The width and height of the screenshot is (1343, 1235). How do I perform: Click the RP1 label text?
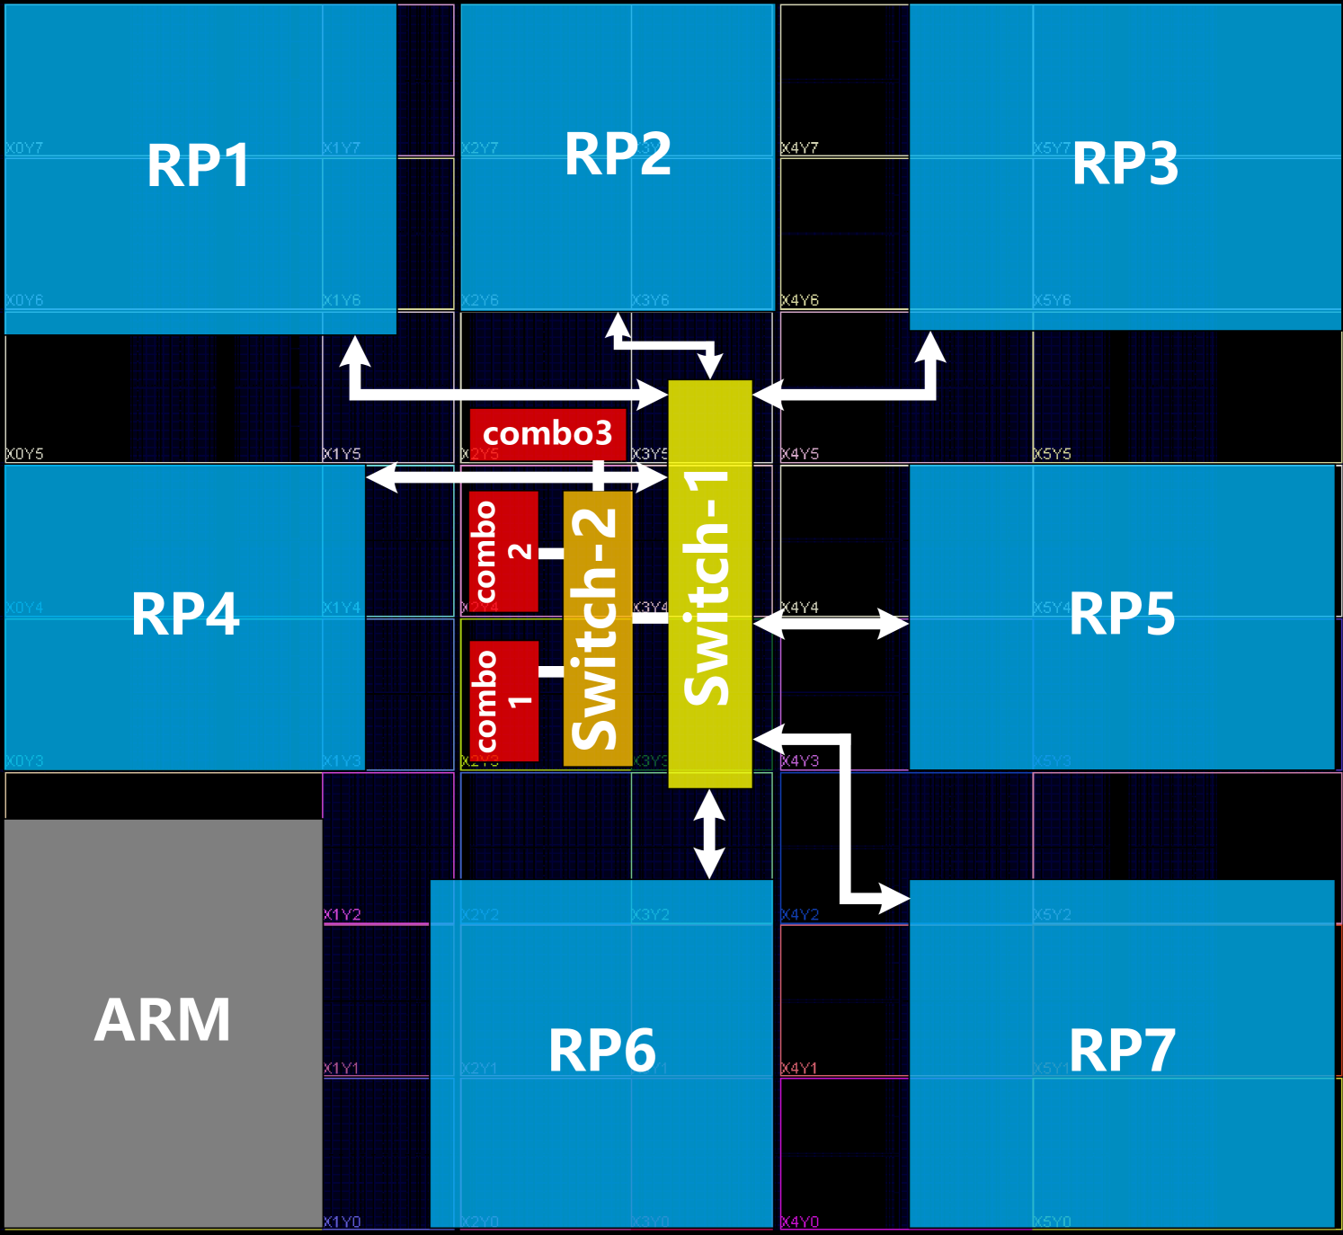[x=198, y=167]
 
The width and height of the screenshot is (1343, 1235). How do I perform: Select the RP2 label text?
[x=618, y=155]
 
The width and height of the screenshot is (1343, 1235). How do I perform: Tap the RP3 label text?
[x=1125, y=164]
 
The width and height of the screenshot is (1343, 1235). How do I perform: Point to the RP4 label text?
[x=185, y=615]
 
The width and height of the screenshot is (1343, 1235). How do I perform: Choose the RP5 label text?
[x=1122, y=615]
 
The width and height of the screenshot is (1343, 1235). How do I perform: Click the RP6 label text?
[x=601, y=1051]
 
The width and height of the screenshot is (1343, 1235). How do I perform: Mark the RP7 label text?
[x=1122, y=1051]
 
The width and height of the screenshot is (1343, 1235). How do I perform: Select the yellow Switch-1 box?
[x=709, y=584]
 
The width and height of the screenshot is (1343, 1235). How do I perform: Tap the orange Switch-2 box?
[x=598, y=628]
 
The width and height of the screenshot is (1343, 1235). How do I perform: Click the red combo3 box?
[x=547, y=434]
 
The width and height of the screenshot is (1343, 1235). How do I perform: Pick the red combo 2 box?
[x=503, y=551]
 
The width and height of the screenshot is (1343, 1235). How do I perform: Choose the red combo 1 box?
[x=503, y=701]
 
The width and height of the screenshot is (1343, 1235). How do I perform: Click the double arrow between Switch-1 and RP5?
[x=831, y=623]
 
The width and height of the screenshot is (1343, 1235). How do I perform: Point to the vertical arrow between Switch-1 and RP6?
[x=709, y=834]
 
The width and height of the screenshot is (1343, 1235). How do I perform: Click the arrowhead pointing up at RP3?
[x=930, y=347]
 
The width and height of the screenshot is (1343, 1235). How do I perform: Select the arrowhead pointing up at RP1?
[x=355, y=351]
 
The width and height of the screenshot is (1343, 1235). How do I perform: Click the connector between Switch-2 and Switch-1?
[x=650, y=617]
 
